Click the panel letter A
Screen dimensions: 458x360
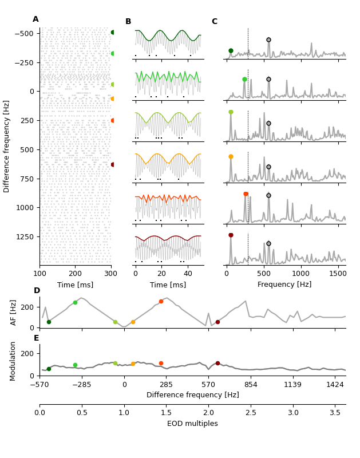[35, 19]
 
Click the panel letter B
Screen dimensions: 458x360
[128, 22]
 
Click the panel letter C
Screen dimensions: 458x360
[214, 22]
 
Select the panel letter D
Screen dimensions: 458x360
[37, 291]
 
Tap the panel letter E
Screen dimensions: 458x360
[37, 338]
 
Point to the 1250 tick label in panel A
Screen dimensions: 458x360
[24, 236]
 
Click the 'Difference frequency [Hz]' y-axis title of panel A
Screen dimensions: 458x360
[7, 146]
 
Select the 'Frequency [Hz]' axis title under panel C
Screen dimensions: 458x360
[284, 285]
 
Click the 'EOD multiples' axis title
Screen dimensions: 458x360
[192, 424]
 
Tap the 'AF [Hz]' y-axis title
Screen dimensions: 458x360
[14, 313]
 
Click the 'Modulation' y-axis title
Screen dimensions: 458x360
[14, 361]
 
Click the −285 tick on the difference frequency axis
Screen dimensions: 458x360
[82, 385]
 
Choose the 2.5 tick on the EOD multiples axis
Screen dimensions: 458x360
[251, 412]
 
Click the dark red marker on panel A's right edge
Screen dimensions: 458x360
[113, 164]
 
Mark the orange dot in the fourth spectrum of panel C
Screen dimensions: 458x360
[231, 156]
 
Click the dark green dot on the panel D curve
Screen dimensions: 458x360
[49, 322]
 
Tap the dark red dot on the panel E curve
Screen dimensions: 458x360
[217, 363]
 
